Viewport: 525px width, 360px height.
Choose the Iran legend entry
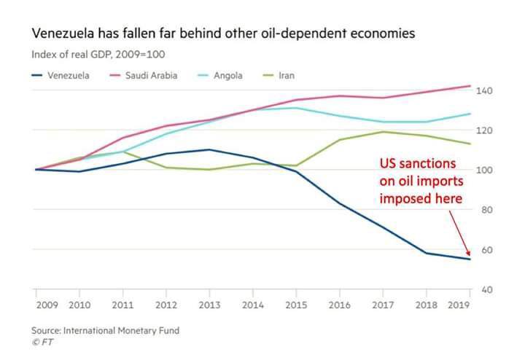287,74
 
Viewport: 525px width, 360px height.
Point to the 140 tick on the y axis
484,90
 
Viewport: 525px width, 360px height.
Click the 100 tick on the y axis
484,170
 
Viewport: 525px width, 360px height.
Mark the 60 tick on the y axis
484,250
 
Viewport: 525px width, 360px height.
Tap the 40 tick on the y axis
484,290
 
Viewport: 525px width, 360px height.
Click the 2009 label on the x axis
46,304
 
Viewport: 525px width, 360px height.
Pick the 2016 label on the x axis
340,304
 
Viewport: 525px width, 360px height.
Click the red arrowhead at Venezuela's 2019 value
468,257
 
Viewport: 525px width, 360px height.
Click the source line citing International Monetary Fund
105,330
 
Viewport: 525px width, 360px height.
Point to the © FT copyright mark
42,341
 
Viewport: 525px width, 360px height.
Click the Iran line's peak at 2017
383,132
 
